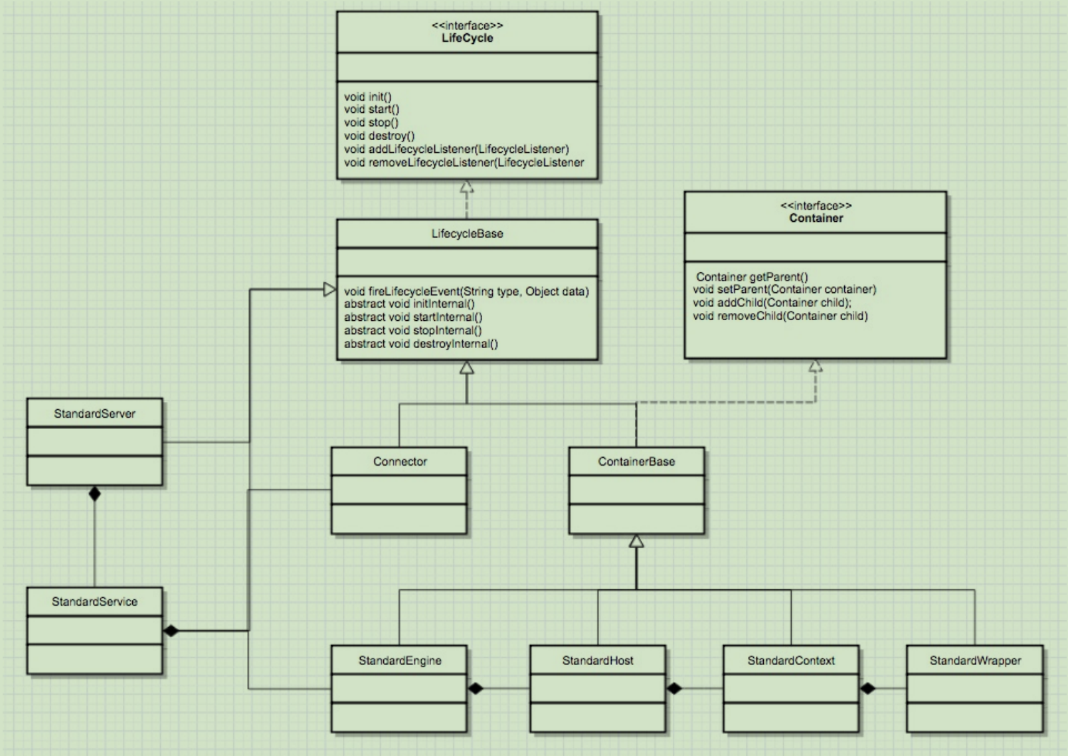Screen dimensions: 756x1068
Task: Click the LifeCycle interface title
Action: [x=467, y=38]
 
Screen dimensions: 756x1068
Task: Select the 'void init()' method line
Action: [x=368, y=96]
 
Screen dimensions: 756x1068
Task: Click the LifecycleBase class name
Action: [x=467, y=233]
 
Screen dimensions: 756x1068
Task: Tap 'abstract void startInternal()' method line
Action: [x=413, y=317]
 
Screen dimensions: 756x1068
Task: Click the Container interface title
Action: [x=816, y=218]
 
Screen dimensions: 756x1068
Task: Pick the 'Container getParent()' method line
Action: [x=752, y=276]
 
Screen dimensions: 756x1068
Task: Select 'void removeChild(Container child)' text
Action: [x=780, y=316]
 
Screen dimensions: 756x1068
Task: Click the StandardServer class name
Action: [x=94, y=413]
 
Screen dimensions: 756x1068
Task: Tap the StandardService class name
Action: [x=94, y=601]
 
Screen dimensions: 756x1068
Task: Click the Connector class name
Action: [x=400, y=461]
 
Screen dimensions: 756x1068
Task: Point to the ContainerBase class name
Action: [x=636, y=461]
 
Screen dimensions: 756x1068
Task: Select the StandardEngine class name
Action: [x=400, y=660]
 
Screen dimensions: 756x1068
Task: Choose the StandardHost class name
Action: [x=598, y=660]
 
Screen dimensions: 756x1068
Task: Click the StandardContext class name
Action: [x=791, y=660]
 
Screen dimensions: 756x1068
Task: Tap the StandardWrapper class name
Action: [x=975, y=660]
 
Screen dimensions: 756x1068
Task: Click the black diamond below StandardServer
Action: [x=94, y=494]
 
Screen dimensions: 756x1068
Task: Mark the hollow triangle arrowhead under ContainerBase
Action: [x=636, y=541]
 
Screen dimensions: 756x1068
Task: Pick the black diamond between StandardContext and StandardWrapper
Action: [x=868, y=688]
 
